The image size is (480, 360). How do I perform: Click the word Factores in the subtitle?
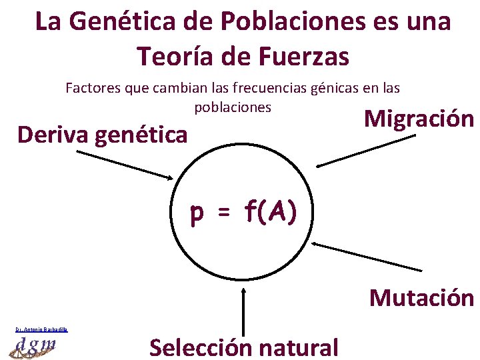click(90, 87)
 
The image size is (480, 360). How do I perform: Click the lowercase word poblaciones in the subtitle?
click(233, 107)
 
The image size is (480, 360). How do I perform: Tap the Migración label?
click(419, 119)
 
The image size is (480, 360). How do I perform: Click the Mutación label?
click(421, 297)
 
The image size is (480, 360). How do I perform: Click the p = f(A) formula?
click(243, 213)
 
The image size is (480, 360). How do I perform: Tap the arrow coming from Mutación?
click(367, 257)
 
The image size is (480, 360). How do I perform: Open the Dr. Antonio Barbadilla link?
click(42, 329)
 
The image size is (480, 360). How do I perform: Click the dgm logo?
click(34, 346)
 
